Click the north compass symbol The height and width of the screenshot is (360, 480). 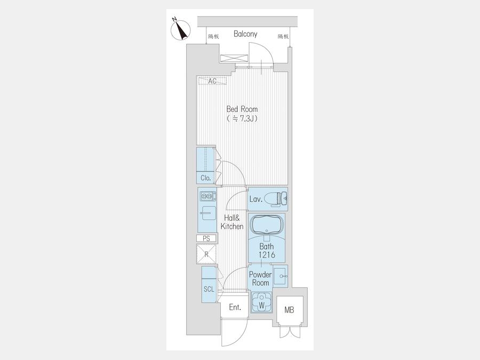click(181, 30)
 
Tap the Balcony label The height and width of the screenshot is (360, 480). click(245, 34)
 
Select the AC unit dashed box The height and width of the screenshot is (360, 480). click(212, 81)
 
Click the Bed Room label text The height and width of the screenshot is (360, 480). click(242, 109)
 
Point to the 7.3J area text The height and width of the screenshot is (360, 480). click(242, 118)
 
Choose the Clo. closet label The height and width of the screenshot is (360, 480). click(206, 178)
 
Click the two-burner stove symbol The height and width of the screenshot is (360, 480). click(208, 196)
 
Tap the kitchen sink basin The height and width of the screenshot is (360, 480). click(208, 213)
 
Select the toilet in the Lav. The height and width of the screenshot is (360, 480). click(276, 199)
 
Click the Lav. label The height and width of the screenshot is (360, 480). click(255, 199)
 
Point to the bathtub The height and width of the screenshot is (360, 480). click(266, 226)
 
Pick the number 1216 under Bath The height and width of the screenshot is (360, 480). click(267, 255)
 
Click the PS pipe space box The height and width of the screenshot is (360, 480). click(206, 238)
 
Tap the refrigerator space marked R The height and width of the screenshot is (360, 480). click(206, 254)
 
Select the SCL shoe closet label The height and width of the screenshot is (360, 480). click(209, 289)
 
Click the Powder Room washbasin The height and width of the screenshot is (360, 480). click(280, 276)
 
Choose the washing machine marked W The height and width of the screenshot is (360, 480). click(261, 301)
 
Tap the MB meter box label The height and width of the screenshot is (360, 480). click(289, 310)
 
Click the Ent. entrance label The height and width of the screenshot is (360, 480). click(235, 307)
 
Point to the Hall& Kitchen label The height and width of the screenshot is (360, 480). click(232, 222)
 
